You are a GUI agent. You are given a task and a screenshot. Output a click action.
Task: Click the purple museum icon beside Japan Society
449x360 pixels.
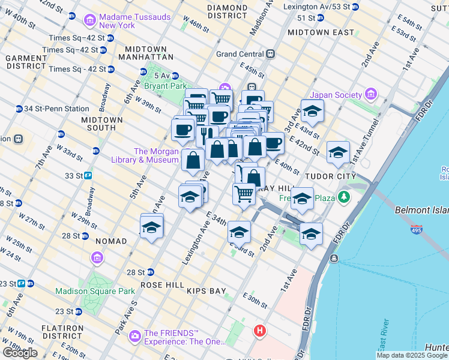370,94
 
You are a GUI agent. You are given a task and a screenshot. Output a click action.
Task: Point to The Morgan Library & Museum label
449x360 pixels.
145,155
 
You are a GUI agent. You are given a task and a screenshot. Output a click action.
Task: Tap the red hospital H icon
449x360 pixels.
259,330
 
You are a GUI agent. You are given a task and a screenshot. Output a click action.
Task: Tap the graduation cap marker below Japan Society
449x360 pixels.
312,112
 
